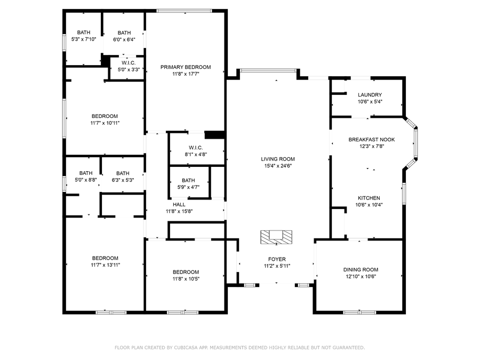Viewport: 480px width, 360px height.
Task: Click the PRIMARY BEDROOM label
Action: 186,67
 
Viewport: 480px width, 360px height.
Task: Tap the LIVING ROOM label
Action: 278,159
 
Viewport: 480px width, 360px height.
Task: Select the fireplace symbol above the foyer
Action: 276,237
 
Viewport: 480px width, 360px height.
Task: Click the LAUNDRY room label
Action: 370,95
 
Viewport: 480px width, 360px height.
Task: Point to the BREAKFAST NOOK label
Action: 372,140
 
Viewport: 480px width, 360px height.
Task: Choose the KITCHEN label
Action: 369,198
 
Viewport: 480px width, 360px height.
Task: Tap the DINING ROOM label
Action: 361,270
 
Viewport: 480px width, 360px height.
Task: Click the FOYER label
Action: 277,259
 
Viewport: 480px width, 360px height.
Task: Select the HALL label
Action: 179,204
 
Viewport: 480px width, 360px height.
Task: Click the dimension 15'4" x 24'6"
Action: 278,166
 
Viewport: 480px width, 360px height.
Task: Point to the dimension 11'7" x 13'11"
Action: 105,265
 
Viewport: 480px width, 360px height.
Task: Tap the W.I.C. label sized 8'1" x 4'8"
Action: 196,148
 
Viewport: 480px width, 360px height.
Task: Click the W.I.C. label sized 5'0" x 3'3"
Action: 129,63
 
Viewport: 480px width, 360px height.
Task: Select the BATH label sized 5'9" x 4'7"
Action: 188,181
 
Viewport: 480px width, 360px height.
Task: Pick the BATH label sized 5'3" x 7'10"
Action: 84,33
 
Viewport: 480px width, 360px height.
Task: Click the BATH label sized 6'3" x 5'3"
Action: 123,173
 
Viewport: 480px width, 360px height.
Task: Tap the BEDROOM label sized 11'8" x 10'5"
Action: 186,272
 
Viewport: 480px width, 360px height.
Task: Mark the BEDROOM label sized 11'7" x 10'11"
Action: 105,116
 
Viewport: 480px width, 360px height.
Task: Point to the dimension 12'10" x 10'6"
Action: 361,277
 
